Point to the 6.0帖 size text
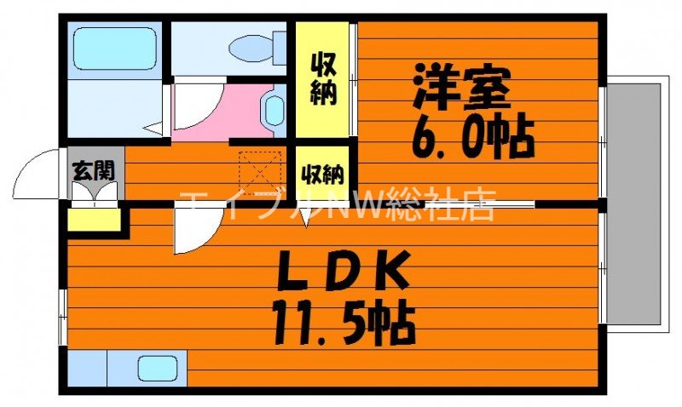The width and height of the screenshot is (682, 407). click(x=472, y=136)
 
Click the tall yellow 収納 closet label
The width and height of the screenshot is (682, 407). click(x=322, y=78)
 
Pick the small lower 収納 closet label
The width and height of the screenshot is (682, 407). click(x=322, y=175)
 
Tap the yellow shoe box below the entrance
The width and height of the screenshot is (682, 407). click(x=93, y=221)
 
